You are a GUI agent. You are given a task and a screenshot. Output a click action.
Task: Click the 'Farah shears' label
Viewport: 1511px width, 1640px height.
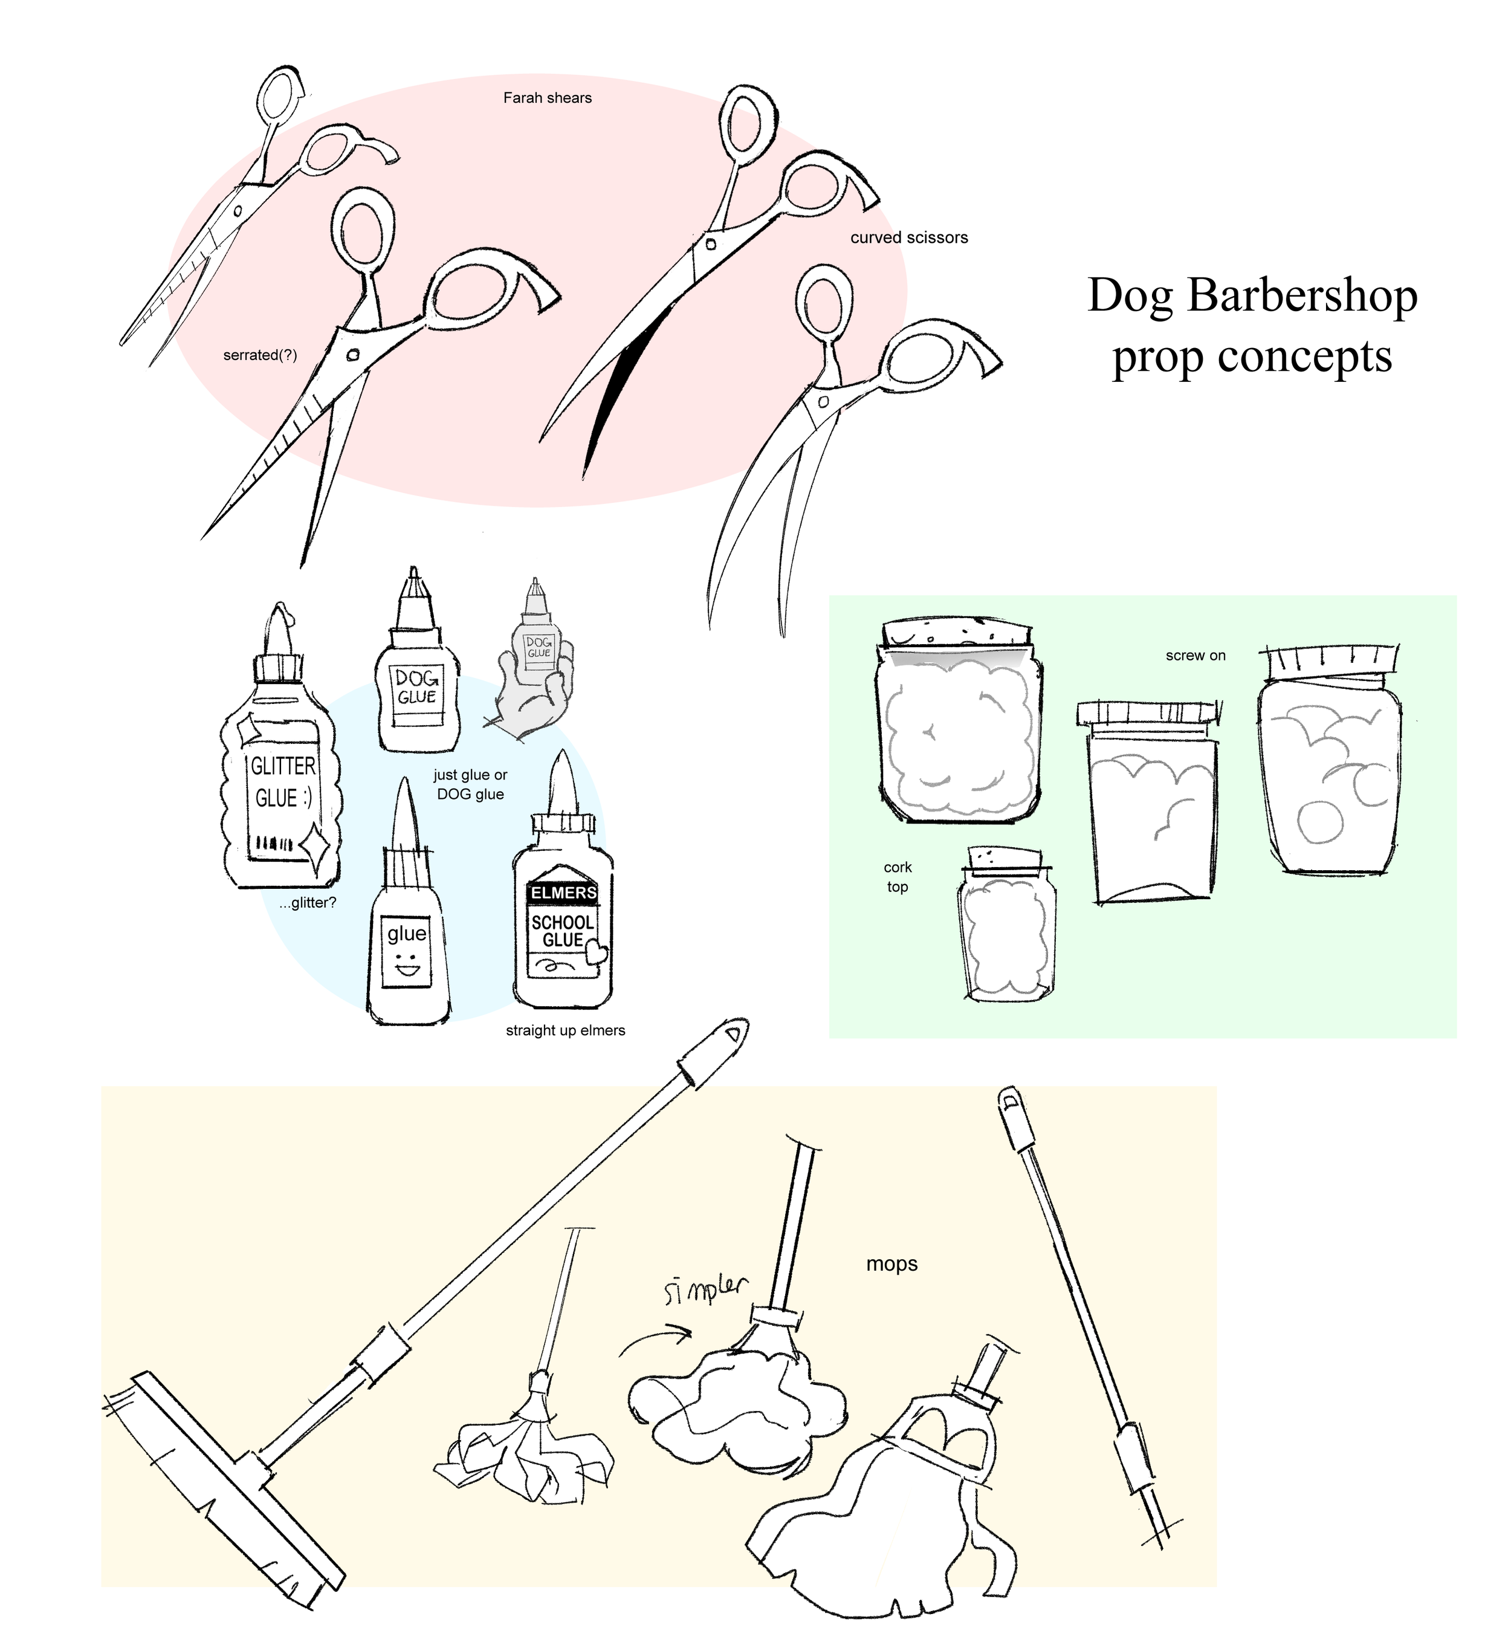[547, 98]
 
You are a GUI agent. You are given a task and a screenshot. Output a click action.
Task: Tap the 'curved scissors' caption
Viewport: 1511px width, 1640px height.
[908, 238]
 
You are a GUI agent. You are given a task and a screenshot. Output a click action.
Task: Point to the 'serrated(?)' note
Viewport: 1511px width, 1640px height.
[260, 356]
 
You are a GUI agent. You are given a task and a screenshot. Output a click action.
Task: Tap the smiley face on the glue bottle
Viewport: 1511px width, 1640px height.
[406, 968]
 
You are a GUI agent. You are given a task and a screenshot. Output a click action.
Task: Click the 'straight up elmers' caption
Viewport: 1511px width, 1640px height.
[565, 1030]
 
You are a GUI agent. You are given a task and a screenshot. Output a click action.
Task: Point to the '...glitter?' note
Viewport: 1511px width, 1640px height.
[308, 903]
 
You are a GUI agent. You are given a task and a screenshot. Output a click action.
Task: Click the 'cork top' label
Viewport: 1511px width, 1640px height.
[897, 877]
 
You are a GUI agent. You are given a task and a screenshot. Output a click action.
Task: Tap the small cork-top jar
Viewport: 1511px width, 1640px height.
[1006, 924]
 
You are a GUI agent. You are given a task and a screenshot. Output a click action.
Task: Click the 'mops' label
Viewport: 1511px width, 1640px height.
[891, 1264]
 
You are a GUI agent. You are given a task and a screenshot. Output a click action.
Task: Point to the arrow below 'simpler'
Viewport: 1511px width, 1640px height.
[654, 1341]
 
